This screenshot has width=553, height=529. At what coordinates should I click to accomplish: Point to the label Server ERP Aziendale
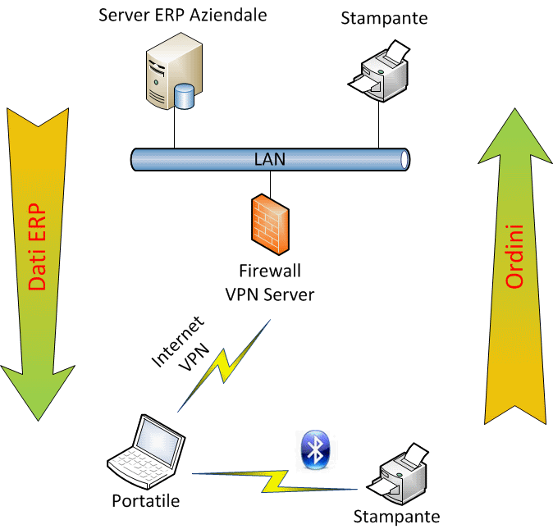tap(182, 14)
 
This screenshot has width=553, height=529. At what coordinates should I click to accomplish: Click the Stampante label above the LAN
tap(384, 17)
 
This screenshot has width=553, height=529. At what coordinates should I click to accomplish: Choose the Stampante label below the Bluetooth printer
tap(396, 517)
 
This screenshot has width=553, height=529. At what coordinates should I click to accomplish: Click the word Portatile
tap(147, 499)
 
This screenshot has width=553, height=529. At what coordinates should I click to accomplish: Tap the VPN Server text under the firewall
tap(269, 294)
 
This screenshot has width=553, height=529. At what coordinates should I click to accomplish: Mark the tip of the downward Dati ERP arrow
tap(39, 423)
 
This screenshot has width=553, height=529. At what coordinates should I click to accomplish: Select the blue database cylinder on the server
tap(185, 96)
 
